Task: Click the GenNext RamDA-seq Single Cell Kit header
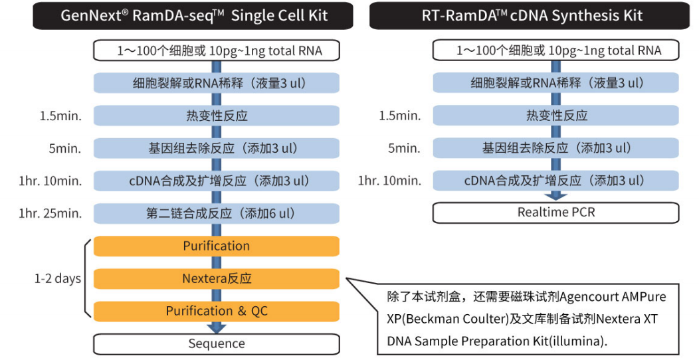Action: pyautogui.click(x=194, y=15)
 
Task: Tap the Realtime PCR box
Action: pyautogui.click(x=555, y=213)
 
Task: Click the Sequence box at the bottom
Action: pyautogui.click(x=217, y=343)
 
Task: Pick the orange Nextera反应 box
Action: pyautogui.click(x=217, y=278)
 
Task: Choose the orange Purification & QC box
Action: pyautogui.click(x=217, y=311)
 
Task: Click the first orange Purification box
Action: pyautogui.click(x=217, y=246)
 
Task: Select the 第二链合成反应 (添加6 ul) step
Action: pyautogui.click(x=217, y=213)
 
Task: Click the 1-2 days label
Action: pyautogui.click(x=58, y=278)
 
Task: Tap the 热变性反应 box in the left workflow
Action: pyautogui.click(x=217, y=116)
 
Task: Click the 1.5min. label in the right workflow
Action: pyautogui.click(x=399, y=116)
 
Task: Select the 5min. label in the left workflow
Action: pyautogui.click(x=65, y=148)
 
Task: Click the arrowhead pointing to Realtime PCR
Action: pyautogui.click(x=556, y=196)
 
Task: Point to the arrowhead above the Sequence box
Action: pyautogui.click(x=217, y=327)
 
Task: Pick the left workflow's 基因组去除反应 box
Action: pyautogui.click(x=217, y=148)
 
